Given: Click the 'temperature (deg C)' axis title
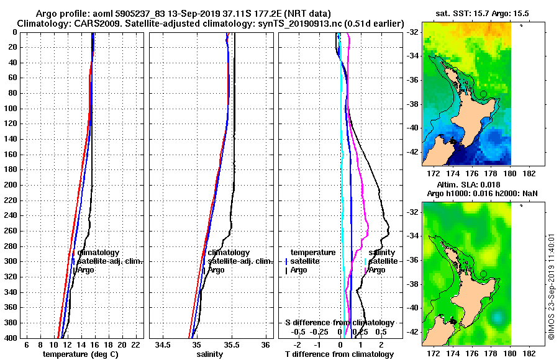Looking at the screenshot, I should pyautogui.click(x=80, y=354).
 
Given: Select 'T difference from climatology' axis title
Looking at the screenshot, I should pyautogui.click(x=339, y=354).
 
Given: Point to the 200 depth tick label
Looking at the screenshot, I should pyautogui.click(x=11, y=185).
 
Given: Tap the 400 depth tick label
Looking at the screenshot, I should pyautogui.click(x=11, y=338).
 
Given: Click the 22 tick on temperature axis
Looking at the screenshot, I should pyautogui.click(x=135, y=344).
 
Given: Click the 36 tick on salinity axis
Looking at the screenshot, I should pyautogui.click(x=265, y=344).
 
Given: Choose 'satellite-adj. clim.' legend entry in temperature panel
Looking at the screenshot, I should pyautogui.click(x=109, y=261).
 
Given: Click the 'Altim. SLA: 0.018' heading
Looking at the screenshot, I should pyautogui.click(x=470, y=185).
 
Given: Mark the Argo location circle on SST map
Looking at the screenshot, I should pyautogui.click(x=483, y=94).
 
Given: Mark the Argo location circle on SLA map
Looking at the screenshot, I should pyautogui.click(x=483, y=273).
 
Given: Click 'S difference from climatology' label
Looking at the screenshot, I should pyautogui.click(x=339, y=323).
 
